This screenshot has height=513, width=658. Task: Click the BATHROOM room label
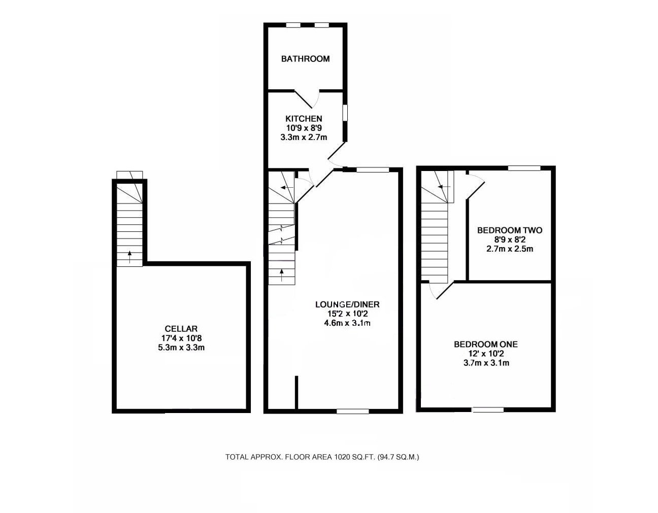click(305, 59)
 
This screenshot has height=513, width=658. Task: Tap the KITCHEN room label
click(303, 119)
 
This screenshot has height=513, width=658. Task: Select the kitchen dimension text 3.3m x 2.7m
click(303, 137)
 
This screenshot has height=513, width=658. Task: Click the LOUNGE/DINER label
click(347, 304)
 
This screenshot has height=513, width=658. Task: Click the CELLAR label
click(181, 329)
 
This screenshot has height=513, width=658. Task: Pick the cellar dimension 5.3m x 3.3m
click(181, 348)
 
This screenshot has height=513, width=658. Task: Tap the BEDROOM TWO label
click(509, 230)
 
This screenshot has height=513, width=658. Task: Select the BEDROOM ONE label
click(485, 344)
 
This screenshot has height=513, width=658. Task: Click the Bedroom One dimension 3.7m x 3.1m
click(485, 363)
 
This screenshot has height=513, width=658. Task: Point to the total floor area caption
click(322, 457)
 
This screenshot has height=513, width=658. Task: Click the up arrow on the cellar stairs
click(129, 257)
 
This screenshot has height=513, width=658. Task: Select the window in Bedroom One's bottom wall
click(488, 409)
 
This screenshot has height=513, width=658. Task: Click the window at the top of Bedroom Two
click(524, 168)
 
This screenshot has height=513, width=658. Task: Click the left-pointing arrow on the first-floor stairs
click(441, 187)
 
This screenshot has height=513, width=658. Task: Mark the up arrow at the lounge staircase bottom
click(282, 276)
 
